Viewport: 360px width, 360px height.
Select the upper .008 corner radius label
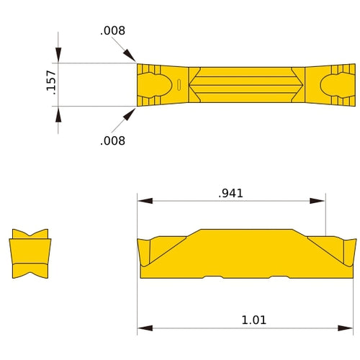point(112,30)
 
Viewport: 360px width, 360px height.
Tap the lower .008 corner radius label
point(112,140)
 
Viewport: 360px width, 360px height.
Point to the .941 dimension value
point(231,192)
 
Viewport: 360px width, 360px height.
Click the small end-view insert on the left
point(30,254)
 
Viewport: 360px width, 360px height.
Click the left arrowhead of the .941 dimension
point(145,201)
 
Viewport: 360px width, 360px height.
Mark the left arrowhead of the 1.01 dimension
point(145,328)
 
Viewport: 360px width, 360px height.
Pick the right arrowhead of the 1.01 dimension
point(348,328)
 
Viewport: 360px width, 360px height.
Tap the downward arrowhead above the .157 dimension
point(58,55)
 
